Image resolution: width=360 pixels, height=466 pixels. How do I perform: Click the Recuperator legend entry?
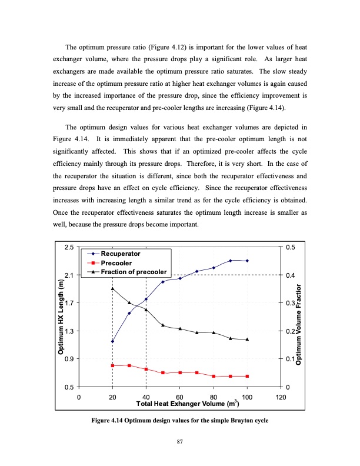[120, 253]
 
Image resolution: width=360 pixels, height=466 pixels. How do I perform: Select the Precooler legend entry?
[116, 262]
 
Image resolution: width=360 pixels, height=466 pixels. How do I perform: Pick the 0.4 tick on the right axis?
[291, 275]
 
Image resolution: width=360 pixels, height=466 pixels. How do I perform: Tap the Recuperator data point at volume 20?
[112, 341]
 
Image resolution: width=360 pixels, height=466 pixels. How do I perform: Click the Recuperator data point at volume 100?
[247, 261]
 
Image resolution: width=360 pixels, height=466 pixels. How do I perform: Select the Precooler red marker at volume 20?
[112, 366]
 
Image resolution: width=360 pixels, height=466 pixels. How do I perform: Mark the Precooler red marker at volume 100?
[247, 376]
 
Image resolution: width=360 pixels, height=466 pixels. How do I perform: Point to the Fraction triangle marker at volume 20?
[112, 288]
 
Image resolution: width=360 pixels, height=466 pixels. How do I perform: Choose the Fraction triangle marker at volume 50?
[163, 325]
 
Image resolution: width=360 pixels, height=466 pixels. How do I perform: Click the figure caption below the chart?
[180, 421]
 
